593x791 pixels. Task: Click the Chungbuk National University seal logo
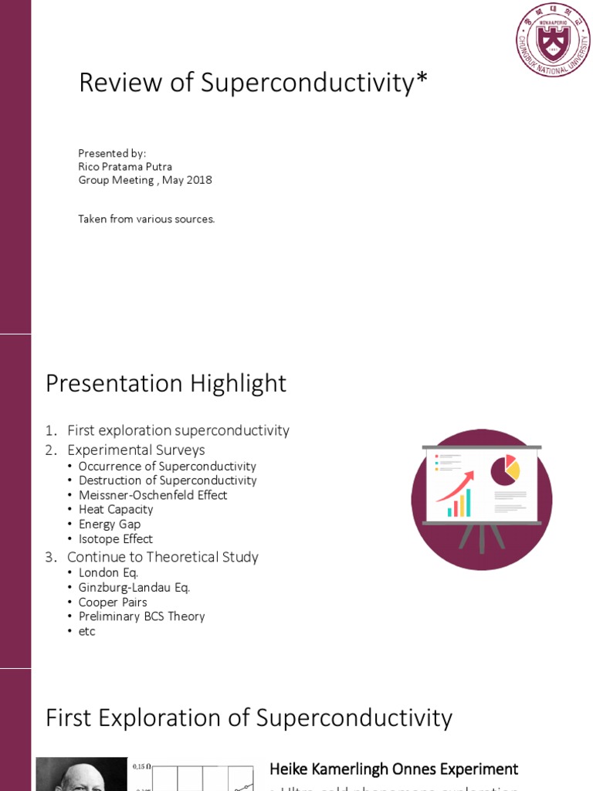552,39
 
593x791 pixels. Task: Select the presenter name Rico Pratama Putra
125,166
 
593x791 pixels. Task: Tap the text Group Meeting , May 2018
145,180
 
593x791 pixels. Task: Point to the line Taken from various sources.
147,219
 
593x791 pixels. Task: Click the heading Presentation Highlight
166,383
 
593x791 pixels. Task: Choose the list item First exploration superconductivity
178,430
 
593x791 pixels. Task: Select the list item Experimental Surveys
136,450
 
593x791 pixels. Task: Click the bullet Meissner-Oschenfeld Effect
153,495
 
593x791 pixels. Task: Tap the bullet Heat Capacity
116,510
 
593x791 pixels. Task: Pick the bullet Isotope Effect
116,539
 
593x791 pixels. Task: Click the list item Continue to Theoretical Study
163,557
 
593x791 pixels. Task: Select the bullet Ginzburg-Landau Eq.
134,588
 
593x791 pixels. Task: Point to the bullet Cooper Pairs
113,603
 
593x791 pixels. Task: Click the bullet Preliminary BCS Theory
142,616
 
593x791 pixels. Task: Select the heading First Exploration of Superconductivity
249,718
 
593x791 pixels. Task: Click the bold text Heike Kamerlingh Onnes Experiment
394,769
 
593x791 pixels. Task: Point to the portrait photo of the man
81,774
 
